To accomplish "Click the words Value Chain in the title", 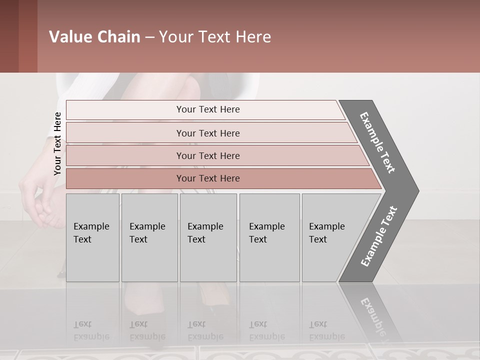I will coord(94,37).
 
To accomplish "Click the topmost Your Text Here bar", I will coord(208,109).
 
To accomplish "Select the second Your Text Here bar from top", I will coord(208,133).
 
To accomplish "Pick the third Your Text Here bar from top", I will coord(208,155).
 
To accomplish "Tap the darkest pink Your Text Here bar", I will coord(208,178).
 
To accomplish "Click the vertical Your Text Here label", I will coord(57,143).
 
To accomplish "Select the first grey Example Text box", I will coord(92,237).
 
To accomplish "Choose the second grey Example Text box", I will coord(149,237).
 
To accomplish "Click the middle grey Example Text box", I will coord(208,237).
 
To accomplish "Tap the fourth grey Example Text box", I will coord(269,237).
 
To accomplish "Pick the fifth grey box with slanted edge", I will coord(332,237).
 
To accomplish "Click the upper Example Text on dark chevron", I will coord(378,142).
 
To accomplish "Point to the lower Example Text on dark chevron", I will coord(379,236).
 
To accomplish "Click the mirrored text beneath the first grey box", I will coord(91,330).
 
